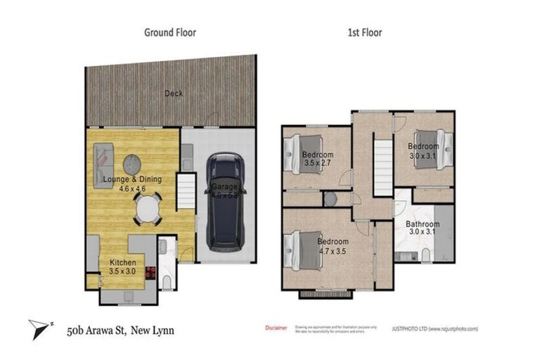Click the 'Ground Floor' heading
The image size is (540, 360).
point(169,32)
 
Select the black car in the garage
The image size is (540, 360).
point(225,200)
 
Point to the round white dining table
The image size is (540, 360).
point(148,209)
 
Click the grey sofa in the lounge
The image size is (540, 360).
point(103,162)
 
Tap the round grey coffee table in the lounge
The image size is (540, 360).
point(133,165)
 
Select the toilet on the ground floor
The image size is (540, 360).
point(166,282)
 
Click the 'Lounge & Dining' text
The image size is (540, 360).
point(133,180)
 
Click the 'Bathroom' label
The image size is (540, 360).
point(423,225)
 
